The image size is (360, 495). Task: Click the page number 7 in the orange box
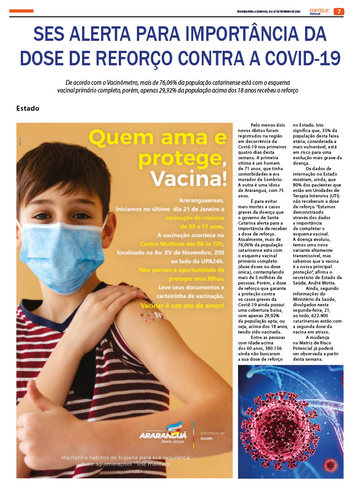click(x=339, y=11)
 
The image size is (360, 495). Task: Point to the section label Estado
click(x=28, y=108)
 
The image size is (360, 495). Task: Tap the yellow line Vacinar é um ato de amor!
click(x=182, y=306)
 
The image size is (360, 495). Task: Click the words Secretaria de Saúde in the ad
click(x=212, y=436)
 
